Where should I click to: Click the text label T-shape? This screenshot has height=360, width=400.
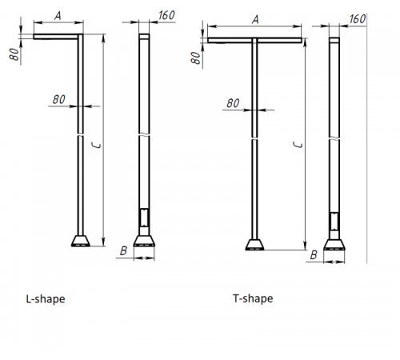pyautogui.click(x=253, y=298)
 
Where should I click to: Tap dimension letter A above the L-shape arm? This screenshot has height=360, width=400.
pyautogui.click(x=58, y=15)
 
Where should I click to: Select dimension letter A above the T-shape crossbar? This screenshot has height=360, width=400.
pyautogui.click(x=254, y=19)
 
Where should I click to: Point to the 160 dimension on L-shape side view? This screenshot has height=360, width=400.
pyautogui.click(x=166, y=14)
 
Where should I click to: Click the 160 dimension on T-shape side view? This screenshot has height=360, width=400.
pyautogui.click(x=357, y=18)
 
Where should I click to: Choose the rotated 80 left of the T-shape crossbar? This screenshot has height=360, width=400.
pyautogui.click(x=195, y=58)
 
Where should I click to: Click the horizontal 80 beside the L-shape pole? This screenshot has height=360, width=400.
pyautogui.click(x=58, y=99)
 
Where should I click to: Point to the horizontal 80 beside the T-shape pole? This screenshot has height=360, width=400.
pyautogui.click(x=233, y=103)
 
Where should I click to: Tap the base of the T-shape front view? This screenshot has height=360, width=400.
pyautogui.click(x=254, y=245)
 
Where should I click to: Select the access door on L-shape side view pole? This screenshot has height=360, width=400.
pyautogui.click(x=144, y=218)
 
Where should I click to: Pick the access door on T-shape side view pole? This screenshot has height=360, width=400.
pyautogui.click(x=334, y=222)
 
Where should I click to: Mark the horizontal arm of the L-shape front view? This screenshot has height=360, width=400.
pyautogui.click(x=56, y=35)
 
